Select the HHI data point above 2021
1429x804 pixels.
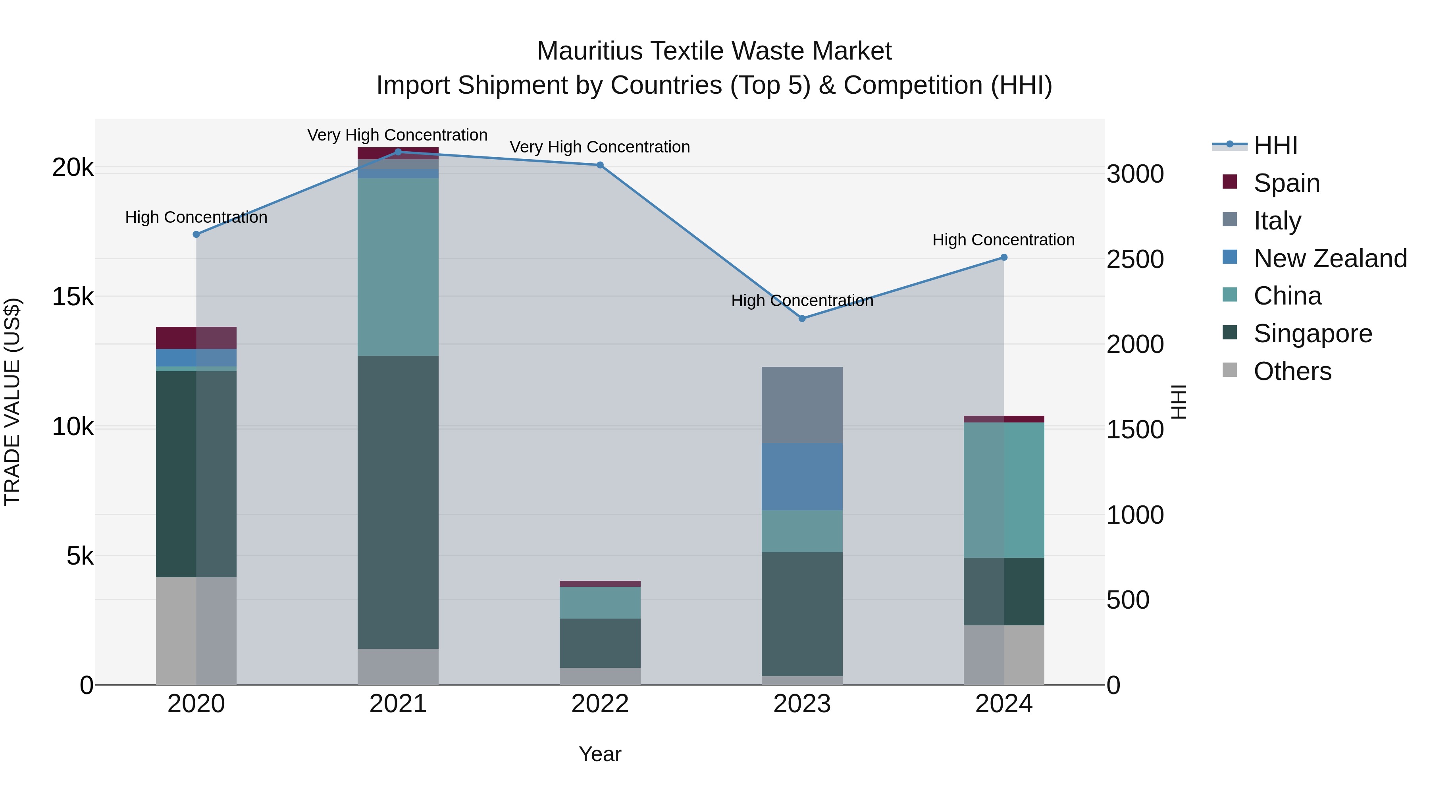[x=398, y=152]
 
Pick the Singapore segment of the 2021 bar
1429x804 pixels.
[x=398, y=502]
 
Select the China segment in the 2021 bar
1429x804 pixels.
[x=398, y=267]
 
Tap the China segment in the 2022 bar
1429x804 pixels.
[x=600, y=603]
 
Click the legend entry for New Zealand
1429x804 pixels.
[x=1330, y=258]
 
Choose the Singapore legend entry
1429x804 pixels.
[x=1313, y=334]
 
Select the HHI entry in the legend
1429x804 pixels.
[x=1275, y=145]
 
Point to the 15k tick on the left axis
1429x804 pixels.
[x=73, y=297]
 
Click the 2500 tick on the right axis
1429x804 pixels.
[x=1134, y=259]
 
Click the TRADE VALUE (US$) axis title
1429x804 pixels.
[x=12, y=402]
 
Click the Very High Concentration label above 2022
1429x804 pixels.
[x=600, y=147]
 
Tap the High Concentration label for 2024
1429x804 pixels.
[x=1003, y=240]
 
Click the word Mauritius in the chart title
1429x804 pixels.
[x=590, y=51]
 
